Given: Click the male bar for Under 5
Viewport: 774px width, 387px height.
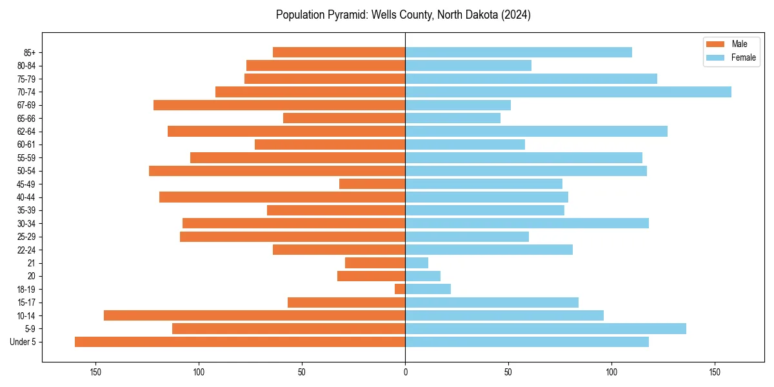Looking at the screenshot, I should coord(240,342).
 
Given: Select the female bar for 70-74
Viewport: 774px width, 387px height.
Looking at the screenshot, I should coord(568,92).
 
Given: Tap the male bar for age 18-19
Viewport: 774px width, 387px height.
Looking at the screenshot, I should coord(400,289).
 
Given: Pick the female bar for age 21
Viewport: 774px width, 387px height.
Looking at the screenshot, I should coord(417,263).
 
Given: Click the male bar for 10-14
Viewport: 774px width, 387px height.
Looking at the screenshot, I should coord(254,315).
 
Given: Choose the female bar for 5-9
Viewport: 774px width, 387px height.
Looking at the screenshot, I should coord(546,329).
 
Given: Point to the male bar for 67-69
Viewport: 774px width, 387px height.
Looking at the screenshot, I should coord(279,105).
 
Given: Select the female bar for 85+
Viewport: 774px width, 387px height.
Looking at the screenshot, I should coord(519,52).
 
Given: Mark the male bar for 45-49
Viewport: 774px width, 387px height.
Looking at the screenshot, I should coord(372,184).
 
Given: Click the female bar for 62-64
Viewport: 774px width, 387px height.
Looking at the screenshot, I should coord(536,132).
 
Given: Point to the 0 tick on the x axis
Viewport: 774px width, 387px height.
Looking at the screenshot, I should coord(405,372).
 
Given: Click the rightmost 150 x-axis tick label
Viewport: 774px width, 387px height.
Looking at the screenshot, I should coord(715,372).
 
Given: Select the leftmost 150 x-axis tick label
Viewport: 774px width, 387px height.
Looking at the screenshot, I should coord(95,372).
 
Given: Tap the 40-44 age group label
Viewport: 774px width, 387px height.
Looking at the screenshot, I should coord(26,197).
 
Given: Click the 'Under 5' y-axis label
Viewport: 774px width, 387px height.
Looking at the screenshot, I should coord(23,342).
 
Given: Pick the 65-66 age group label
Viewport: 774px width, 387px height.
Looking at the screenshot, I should coord(26,119).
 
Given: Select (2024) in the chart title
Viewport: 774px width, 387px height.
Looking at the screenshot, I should coord(513,15).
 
